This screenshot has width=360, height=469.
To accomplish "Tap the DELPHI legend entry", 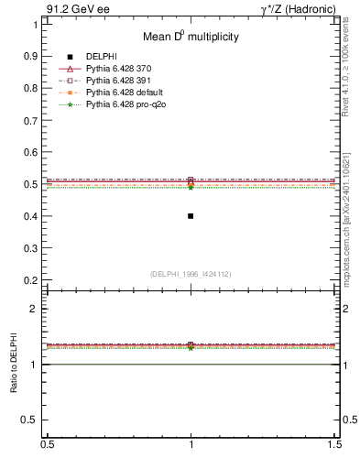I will tap(101, 57).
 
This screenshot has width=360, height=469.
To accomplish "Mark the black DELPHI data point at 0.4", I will tap(191, 216).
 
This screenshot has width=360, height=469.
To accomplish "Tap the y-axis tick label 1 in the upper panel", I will tap(35, 25).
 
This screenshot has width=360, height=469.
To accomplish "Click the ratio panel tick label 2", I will tap(35, 309).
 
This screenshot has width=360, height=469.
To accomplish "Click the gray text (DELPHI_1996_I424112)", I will tap(191, 274).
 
